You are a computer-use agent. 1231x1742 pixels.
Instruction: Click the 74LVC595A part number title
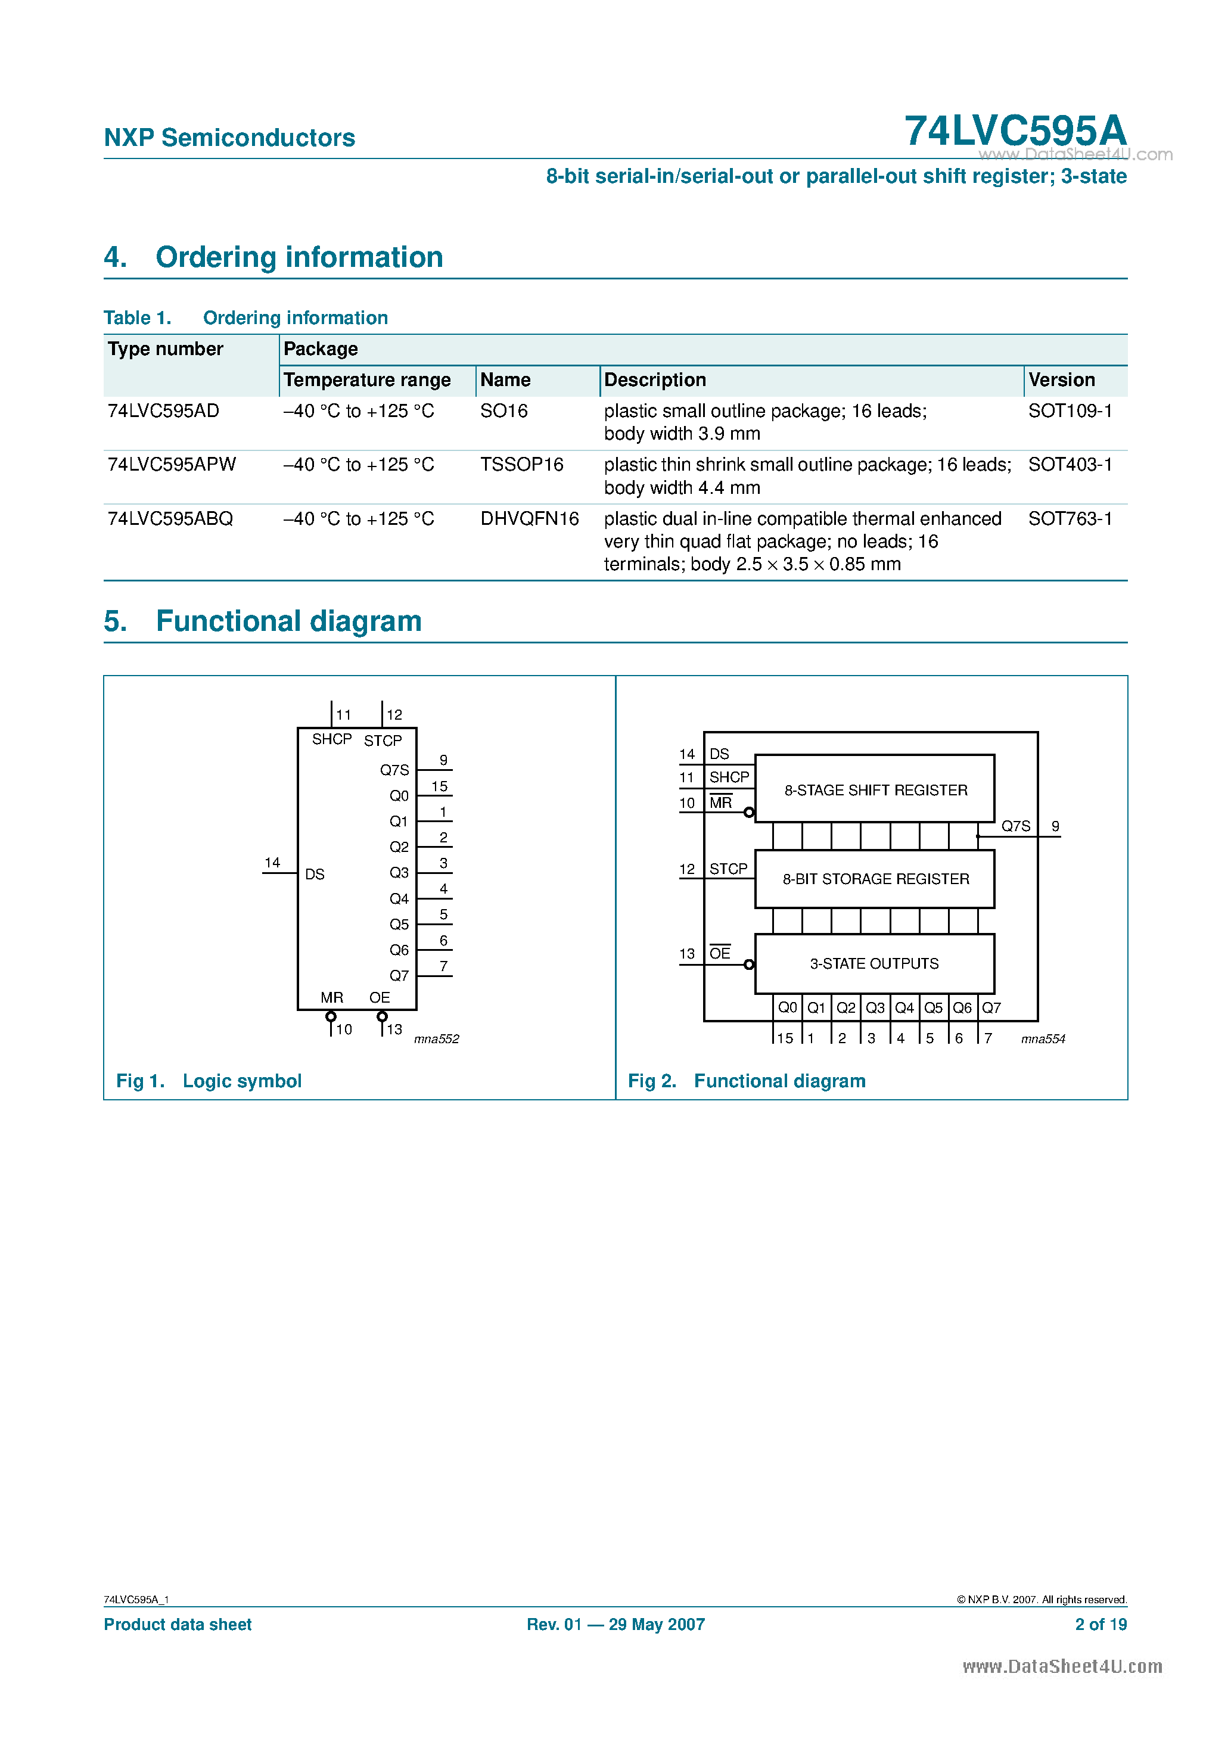(x=1015, y=130)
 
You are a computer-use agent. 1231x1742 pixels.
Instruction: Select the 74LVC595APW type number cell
(x=172, y=464)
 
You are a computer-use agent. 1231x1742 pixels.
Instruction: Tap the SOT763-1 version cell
(x=1070, y=519)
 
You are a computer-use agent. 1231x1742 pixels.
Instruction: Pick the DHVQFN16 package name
(x=529, y=519)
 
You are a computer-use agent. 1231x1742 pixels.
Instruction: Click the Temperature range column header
(x=366, y=380)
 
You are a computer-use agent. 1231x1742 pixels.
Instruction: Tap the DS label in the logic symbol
(x=314, y=875)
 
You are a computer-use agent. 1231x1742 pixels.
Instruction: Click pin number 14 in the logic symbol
(x=272, y=863)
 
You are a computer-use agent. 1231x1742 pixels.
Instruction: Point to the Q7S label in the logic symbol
(x=394, y=770)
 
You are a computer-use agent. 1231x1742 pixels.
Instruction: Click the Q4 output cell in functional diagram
(x=904, y=1007)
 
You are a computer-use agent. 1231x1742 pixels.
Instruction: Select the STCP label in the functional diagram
(x=728, y=869)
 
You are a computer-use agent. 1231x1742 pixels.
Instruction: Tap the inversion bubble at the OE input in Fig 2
(x=749, y=965)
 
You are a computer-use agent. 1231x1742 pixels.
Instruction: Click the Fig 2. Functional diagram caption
(x=746, y=1081)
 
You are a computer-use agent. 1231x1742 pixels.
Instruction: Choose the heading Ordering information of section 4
(x=299, y=258)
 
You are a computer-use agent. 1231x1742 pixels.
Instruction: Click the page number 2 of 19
(x=1100, y=1625)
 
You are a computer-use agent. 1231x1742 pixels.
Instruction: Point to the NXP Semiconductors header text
(x=229, y=138)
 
